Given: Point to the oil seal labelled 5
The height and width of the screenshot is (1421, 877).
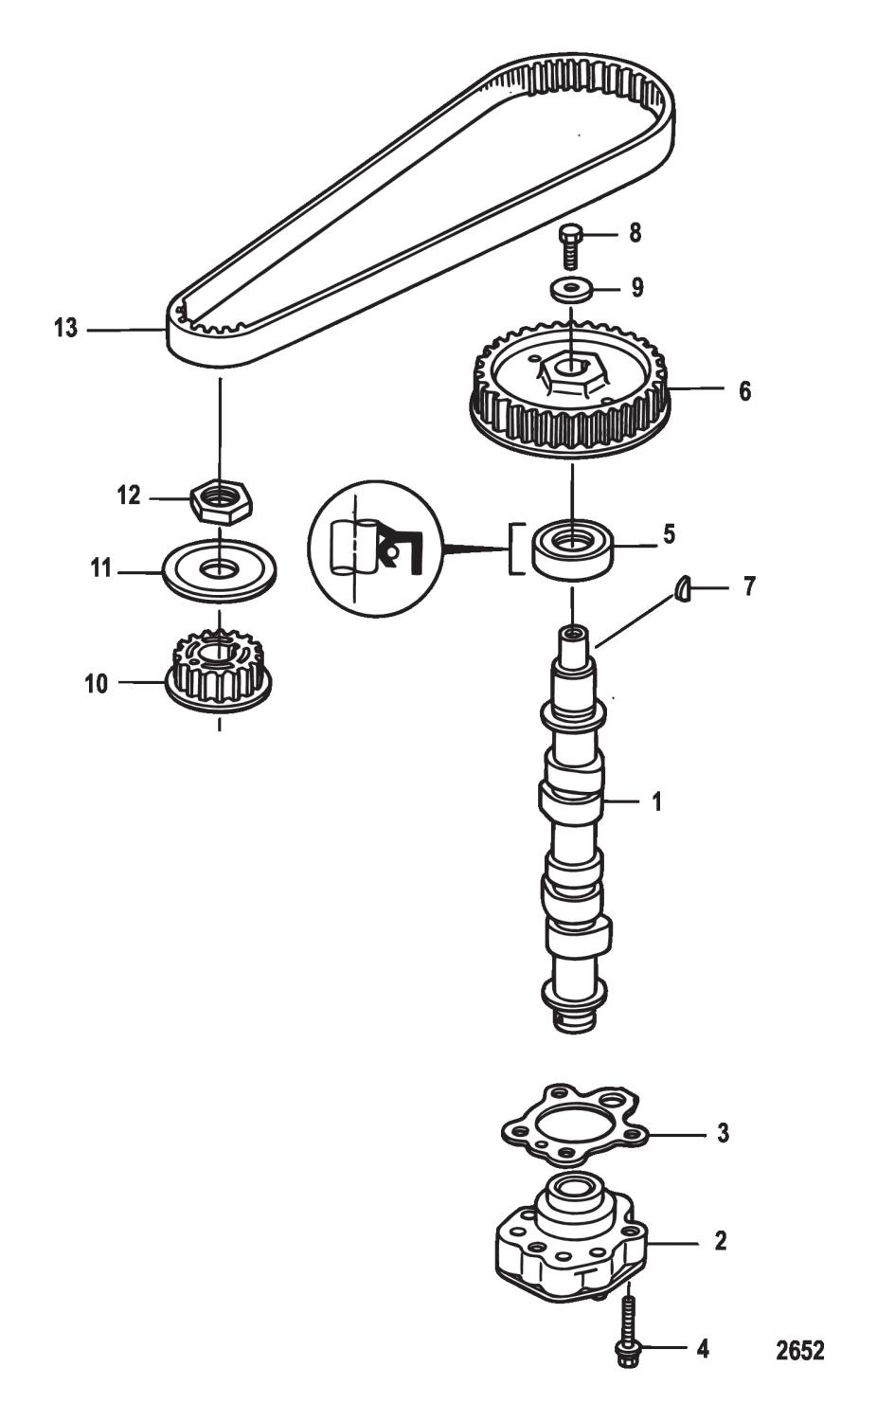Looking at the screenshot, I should (x=572, y=548).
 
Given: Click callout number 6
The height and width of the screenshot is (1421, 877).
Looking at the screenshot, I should (x=744, y=389).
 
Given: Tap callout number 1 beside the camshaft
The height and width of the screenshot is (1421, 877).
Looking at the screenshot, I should (x=656, y=802).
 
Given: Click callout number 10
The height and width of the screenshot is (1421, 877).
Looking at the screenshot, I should (x=97, y=683).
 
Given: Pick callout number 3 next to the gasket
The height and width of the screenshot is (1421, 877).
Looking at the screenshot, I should (x=723, y=1133).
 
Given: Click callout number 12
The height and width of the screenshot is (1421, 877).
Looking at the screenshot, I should (x=129, y=495).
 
